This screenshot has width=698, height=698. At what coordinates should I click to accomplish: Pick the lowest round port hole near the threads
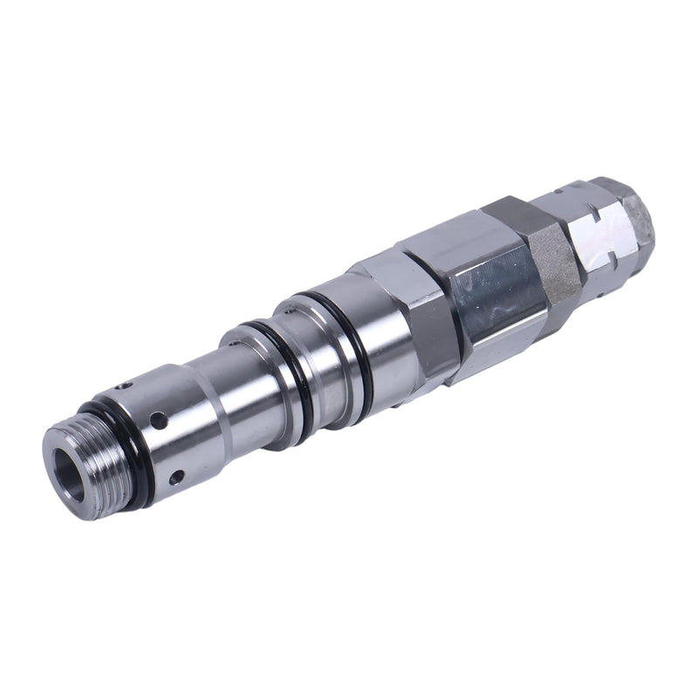(174, 476)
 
